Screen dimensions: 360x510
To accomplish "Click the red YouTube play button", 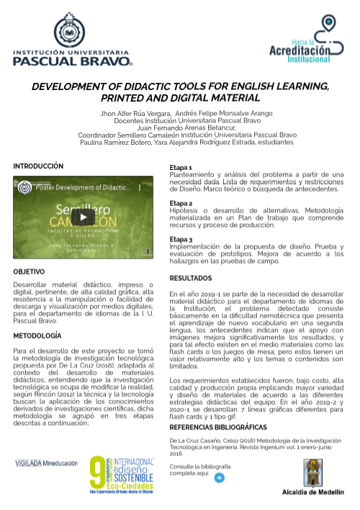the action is pyautogui.click(x=83, y=217).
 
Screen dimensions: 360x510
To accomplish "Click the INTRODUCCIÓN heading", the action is pyautogui.click(x=38, y=166).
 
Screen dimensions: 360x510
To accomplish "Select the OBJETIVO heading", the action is pyautogui.click(x=30, y=272).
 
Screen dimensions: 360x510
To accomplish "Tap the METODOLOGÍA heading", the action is pyautogui.click(x=37, y=336).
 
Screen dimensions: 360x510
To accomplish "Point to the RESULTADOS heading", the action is pyautogui.click(x=190, y=278).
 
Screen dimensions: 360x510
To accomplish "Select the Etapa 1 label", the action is pyautogui.click(x=181, y=167).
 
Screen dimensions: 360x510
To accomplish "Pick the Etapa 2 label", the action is pyautogui.click(x=181, y=203).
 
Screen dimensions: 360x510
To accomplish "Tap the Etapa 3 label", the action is pyautogui.click(x=181, y=239).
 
